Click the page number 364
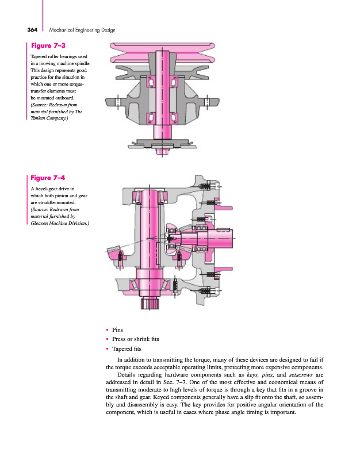click(x=32, y=29)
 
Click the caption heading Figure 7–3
click(x=48, y=45)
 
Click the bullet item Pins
click(x=118, y=330)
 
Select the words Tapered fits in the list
click(x=127, y=348)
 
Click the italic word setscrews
click(x=299, y=375)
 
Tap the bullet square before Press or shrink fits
click(x=108, y=339)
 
